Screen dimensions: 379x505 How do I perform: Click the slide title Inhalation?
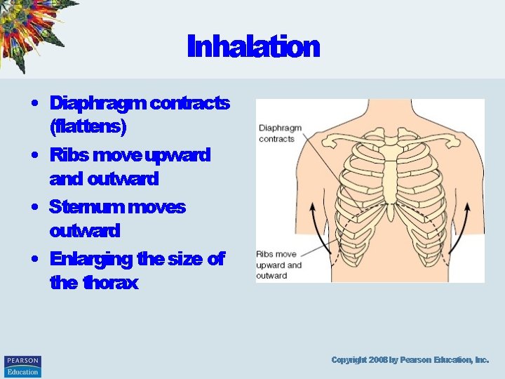tap(253, 48)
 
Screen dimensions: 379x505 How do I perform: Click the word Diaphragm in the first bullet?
tap(97, 103)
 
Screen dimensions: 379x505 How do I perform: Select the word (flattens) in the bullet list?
tap(88, 128)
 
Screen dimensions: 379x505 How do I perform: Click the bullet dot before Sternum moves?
tap(34, 207)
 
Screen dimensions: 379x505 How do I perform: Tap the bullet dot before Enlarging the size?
tap(34, 259)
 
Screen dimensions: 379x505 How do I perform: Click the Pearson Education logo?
tap(22, 366)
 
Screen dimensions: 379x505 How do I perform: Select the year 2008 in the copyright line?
tap(377, 360)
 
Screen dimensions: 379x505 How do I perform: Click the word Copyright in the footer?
tap(349, 360)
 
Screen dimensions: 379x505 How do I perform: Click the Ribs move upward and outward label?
tap(278, 265)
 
